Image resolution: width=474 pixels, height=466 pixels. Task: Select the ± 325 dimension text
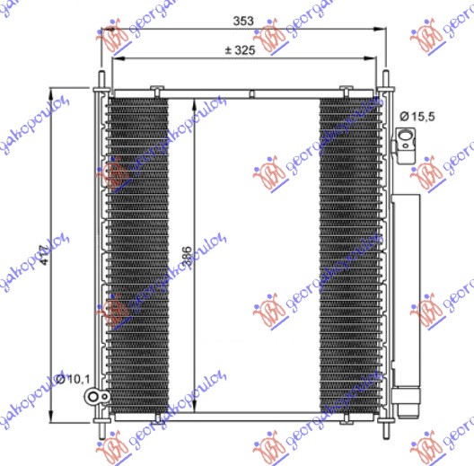click(x=240, y=50)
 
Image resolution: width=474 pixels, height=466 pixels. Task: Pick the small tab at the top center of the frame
click(x=252, y=92)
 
